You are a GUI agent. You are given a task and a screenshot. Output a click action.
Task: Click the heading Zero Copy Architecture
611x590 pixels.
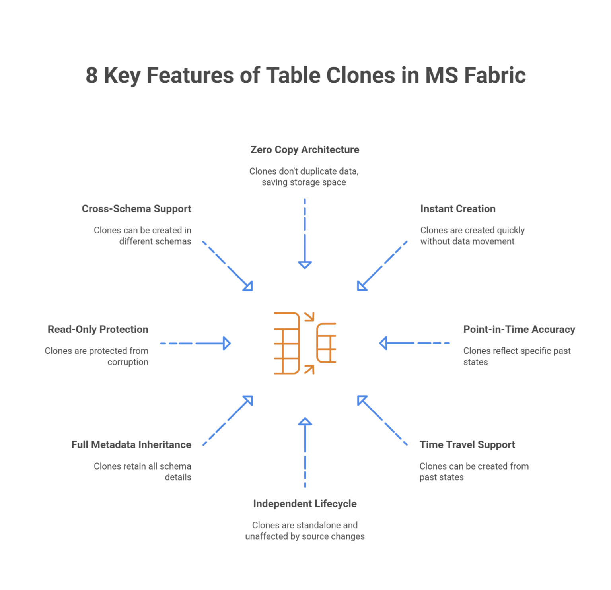305,150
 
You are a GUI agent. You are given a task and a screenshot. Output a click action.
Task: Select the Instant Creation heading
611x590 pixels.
457,209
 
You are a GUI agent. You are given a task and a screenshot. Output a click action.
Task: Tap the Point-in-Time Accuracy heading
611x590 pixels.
519,330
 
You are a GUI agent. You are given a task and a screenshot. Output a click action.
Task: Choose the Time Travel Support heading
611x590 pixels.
467,445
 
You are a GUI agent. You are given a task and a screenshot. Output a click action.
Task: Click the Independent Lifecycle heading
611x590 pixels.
305,504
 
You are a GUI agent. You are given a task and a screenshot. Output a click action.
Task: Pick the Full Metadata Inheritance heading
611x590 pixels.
131,445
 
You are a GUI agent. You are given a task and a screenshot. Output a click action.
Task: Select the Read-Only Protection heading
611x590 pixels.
98,330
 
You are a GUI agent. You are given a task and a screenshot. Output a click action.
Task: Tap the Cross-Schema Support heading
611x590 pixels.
136,209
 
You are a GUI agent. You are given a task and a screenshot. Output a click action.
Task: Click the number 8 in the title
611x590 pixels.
91,76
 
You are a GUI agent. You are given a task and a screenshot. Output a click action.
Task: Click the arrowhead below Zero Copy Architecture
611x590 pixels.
305,265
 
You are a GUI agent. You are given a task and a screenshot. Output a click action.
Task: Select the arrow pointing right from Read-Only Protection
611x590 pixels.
195,344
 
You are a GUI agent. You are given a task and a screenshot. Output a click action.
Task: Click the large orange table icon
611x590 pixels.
287,344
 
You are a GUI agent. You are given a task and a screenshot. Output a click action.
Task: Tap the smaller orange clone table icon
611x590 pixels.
327,343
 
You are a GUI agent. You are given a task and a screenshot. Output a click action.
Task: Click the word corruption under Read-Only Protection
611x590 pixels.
128,362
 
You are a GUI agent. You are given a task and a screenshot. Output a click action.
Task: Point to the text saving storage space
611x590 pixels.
304,182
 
